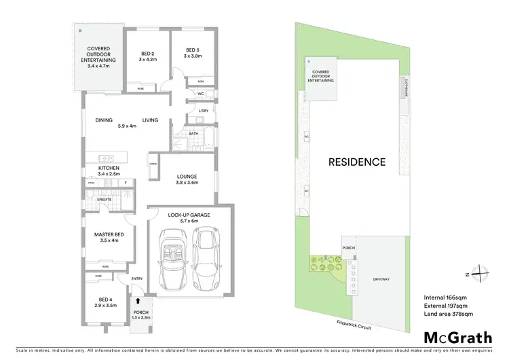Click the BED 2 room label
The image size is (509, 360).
point(148,54)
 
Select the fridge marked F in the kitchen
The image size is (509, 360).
point(126,183)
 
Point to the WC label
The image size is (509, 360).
point(202,94)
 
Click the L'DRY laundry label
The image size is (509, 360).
point(203,111)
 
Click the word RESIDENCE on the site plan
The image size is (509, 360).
point(357,162)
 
